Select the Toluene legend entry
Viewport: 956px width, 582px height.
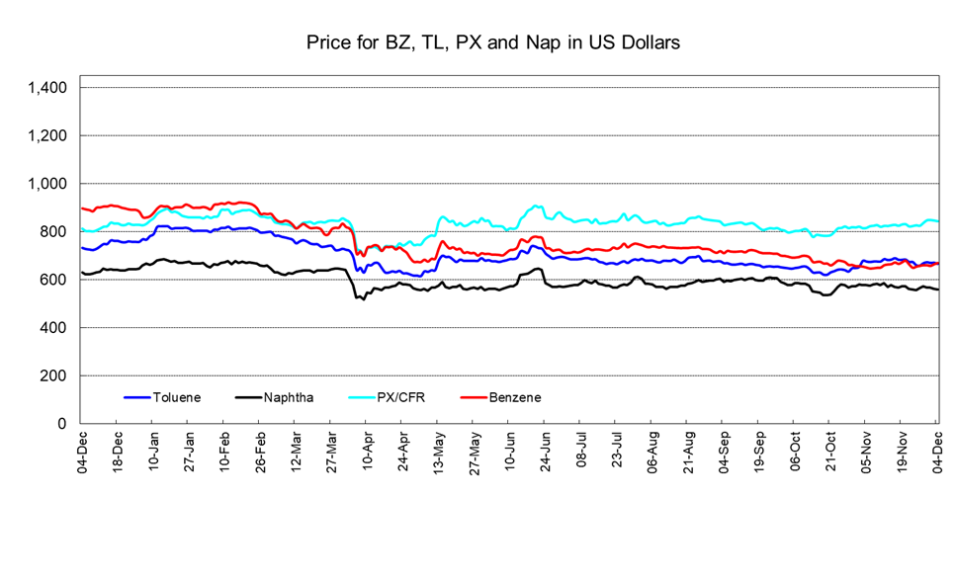(x=177, y=397)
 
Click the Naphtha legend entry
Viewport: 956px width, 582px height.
(x=289, y=397)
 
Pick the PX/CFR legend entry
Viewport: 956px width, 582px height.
(x=401, y=397)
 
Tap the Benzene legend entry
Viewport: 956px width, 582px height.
(x=514, y=397)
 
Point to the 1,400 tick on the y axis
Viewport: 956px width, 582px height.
(x=47, y=88)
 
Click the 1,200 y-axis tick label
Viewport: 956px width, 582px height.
(x=47, y=135)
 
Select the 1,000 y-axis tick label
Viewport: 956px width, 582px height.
(x=47, y=184)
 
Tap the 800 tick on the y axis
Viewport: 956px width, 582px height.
(x=53, y=232)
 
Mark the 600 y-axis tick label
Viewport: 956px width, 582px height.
(x=53, y=280)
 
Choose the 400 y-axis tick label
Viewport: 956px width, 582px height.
(x=53, y=328)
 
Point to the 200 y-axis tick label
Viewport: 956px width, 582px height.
(x=53, y=376)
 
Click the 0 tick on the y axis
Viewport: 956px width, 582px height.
(x=62, y=424)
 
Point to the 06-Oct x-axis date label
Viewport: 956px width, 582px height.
(x=795, y=452)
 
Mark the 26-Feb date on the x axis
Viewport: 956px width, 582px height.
(x=260, y=452)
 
